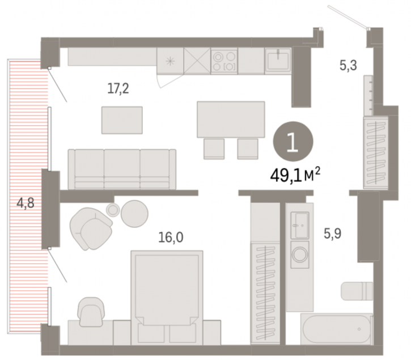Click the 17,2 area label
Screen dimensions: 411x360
click(118, 89)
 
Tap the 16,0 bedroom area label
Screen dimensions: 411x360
click(171, 238)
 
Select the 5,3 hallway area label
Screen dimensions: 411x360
click(348, 65)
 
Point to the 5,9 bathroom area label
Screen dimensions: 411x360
click(332, 234)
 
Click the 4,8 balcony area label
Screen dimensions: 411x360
click(25, 203)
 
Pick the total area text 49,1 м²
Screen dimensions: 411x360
click(295, 175)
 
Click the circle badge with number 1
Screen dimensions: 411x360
click(293, 141)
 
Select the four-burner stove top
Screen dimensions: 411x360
click(224, 61)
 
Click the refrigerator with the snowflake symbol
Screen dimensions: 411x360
click(171, 61)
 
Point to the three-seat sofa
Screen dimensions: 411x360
click(122, 169)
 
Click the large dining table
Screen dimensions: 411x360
click(231, 119)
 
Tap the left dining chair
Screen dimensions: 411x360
click(214, 149)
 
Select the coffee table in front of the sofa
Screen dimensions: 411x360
click(122, 120)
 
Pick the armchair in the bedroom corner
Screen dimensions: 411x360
click(91, 228)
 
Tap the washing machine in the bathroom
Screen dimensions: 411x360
click(300, 255)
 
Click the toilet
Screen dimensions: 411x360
click(357, 291)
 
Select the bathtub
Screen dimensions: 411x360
click(336, 329)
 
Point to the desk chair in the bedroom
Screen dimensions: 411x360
click(91, 312)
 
